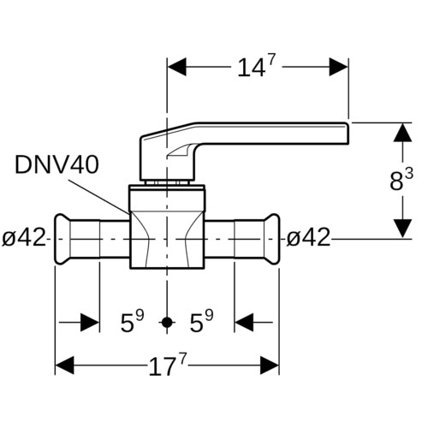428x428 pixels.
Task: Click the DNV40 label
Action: [x=56, y=164]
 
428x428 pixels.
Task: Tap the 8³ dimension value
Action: [x=401, y=180]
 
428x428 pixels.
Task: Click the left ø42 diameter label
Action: [x=24, y=237]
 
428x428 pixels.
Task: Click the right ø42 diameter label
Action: [x=308, y=237]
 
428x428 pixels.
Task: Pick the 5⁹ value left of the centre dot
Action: [x=133, y=321]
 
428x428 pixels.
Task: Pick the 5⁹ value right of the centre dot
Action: [x=201, y=321]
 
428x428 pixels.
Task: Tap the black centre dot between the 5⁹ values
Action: [x=167, y=323]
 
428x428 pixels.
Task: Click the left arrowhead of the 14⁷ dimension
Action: [x=177, y=67]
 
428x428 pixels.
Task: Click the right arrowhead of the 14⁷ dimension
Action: [x=339, y=67]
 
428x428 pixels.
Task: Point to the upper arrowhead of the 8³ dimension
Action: [x=402, y=133]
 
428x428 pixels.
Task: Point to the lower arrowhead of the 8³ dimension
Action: [x=402, y=229]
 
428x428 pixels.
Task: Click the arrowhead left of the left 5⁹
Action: [x=90, y=323]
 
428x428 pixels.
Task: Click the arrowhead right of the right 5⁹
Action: [x=244, y=323]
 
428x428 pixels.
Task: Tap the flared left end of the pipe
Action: [x=62, y=239]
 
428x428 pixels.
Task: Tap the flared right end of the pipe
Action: [x=271, y=239]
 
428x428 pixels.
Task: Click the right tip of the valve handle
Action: [x=348, y=134]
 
